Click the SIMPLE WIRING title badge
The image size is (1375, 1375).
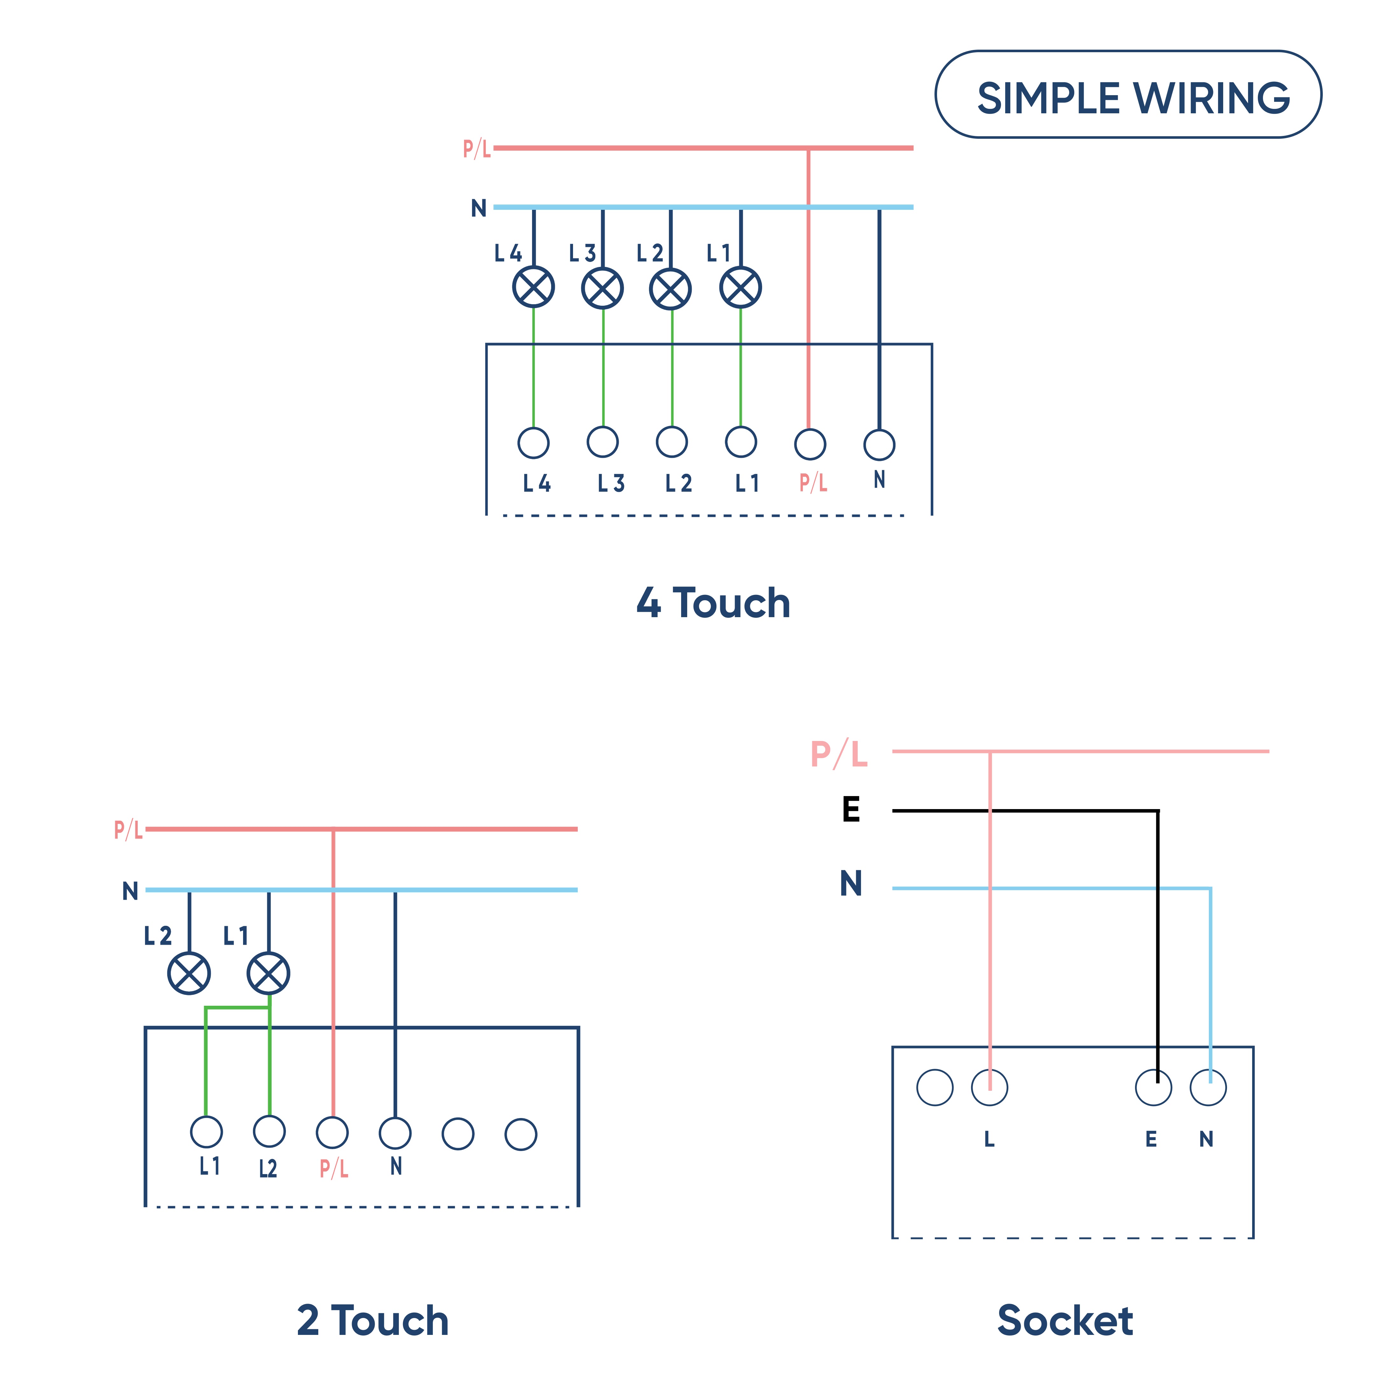[1128, 95]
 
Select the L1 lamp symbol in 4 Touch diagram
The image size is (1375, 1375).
[741, 287]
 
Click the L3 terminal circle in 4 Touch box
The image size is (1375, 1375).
[603, 442]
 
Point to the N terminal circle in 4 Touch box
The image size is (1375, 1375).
[879, 445]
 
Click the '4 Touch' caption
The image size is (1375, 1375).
[713, 603]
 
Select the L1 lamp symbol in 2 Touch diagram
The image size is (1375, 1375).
[268, 973]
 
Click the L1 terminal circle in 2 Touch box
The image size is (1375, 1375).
[206, 1132]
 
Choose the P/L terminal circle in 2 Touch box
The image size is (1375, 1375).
[332, 1132]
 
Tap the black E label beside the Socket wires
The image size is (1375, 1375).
[851, 810]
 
